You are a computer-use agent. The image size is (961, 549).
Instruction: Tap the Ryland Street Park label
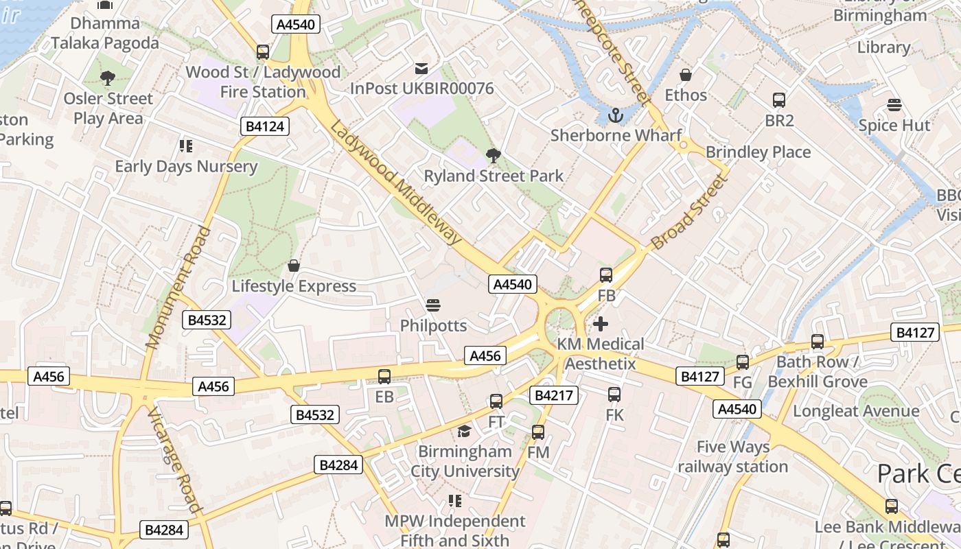tap(494, 176)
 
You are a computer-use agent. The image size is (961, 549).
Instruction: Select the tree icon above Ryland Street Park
tap(493, 156)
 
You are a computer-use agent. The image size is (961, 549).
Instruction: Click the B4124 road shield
tap(265, 126)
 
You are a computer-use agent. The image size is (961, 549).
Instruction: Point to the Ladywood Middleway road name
tap(395, 183)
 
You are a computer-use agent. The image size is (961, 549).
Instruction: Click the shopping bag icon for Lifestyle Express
tap(294, 266)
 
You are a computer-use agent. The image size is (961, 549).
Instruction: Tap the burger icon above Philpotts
tap(432, 305)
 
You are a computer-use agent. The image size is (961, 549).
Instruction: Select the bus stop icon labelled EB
tap(384, 376)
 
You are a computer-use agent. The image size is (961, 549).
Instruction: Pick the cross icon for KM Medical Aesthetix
tap(601, 323)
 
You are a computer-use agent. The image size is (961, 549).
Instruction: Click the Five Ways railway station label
tap(732, 457)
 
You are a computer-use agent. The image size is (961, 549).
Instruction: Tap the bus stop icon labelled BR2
tap(779, 100)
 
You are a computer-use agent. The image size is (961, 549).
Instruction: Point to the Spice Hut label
tap(894, 126)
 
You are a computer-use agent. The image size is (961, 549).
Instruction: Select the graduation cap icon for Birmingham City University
tap(465, 431)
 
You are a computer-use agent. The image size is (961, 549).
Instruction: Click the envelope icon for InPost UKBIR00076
tap(421, 69)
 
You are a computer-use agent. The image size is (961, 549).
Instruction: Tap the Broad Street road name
tap(688, 211)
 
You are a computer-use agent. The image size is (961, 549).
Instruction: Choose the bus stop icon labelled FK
tap(614, 395)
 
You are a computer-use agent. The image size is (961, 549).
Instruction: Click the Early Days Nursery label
tap(186, 166)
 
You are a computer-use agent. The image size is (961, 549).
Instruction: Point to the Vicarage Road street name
tap(175, 460)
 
